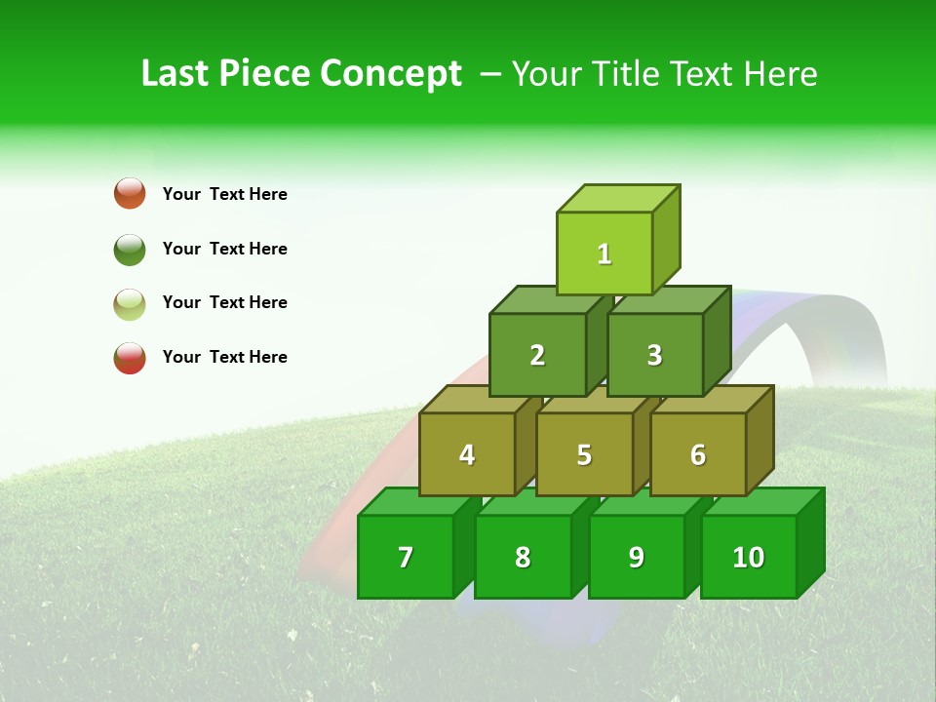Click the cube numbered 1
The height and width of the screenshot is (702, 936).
tap(604, 253)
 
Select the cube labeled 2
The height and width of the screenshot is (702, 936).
tap(537, 355)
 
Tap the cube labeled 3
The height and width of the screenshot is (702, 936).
tap(654, 355)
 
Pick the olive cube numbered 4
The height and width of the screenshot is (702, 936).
tap(467, 454)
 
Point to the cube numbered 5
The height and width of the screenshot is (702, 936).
tap(584, 454)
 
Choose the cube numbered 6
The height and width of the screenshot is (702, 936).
tap(697, 454)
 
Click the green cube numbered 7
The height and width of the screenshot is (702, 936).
tap(406, 557)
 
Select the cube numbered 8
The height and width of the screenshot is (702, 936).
tap(523, 557)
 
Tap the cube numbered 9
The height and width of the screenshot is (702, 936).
tap(636, 557)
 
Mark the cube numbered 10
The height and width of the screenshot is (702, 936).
tap(748, 557)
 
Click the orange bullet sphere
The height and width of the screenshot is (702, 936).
tap(130, 193)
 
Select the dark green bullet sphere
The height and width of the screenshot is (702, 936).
tap(130, 249)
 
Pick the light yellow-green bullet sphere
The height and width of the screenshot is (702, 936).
tap(130, 303)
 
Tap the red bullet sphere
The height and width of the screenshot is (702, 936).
tap(130, 358)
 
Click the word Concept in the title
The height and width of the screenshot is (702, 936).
tap(391, 74)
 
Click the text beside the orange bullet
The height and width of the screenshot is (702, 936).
tap(225, 194)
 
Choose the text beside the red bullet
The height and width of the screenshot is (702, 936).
tap(225, 357)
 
